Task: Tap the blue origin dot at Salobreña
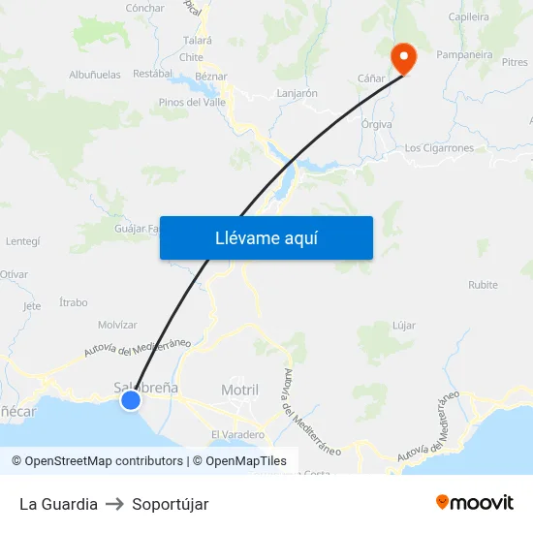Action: point(131,399)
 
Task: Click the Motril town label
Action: point(239,390)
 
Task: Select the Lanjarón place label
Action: point(297,94)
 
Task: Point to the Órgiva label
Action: point(376,124)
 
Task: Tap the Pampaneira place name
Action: point(465,55)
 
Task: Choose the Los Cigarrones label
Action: point(439,148)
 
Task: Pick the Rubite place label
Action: point(483,285)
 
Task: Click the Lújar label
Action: point(404,325)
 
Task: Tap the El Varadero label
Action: point(236,433)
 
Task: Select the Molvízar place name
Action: point(117,325)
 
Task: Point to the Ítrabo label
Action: point(73,302)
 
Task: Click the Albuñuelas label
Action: point(95,75)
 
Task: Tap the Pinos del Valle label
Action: point(193,102)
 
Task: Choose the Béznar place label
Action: point(210,77)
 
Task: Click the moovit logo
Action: point(474,502)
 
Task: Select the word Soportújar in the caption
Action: point(171,504)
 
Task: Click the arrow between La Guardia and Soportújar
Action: point(114,504)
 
